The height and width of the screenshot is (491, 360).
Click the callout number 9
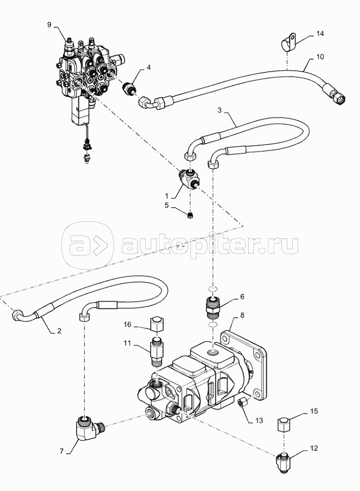49,25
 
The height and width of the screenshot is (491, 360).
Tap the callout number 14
320,33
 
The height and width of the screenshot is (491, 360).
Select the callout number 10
320,57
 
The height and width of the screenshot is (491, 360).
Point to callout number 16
127,325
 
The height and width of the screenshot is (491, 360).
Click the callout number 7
62,451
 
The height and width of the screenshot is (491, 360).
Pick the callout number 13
259,420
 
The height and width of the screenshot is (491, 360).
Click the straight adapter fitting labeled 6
213,308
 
